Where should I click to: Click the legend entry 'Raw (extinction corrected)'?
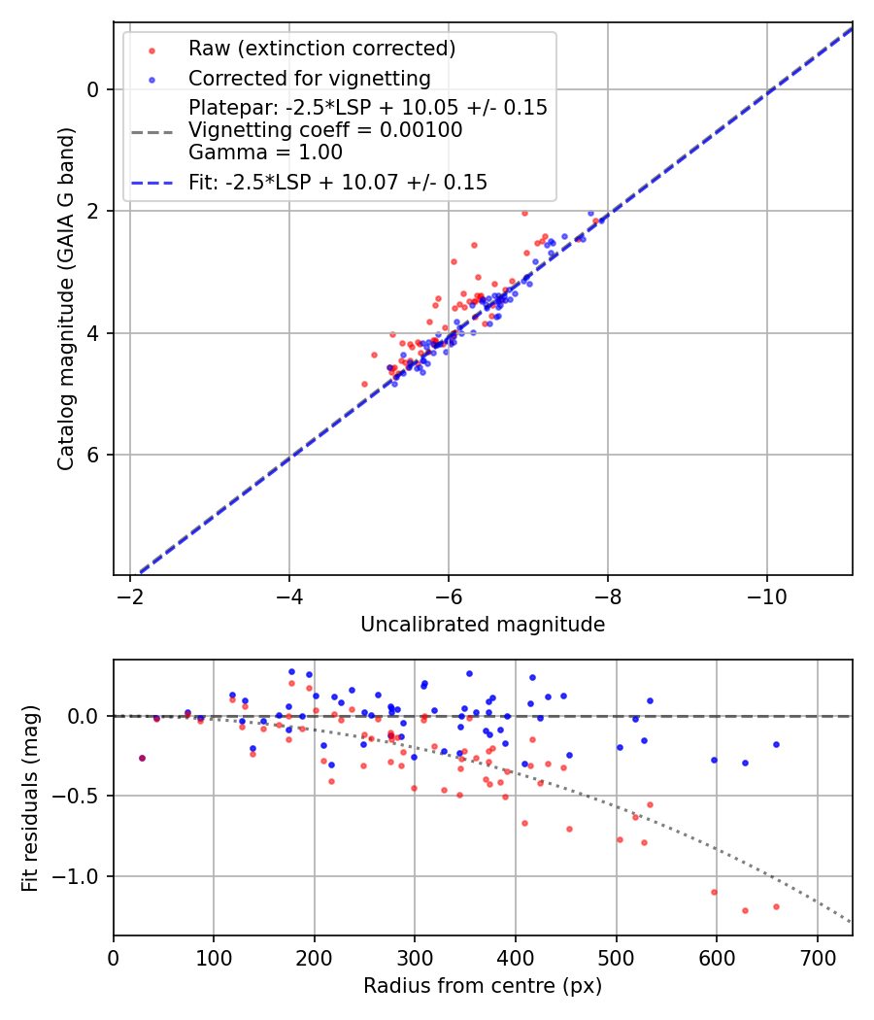pos(321,49)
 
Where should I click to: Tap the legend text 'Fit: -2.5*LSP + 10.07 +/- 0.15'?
pos(338,183)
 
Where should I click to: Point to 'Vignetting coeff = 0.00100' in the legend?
pos(325,130)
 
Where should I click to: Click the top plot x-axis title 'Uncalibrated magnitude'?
pos(483,625)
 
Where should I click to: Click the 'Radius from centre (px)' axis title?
pos(483,986)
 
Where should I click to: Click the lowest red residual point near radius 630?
pos(745,910)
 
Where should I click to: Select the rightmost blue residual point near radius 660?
pos(776,744)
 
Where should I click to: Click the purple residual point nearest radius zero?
pos(142,758)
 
